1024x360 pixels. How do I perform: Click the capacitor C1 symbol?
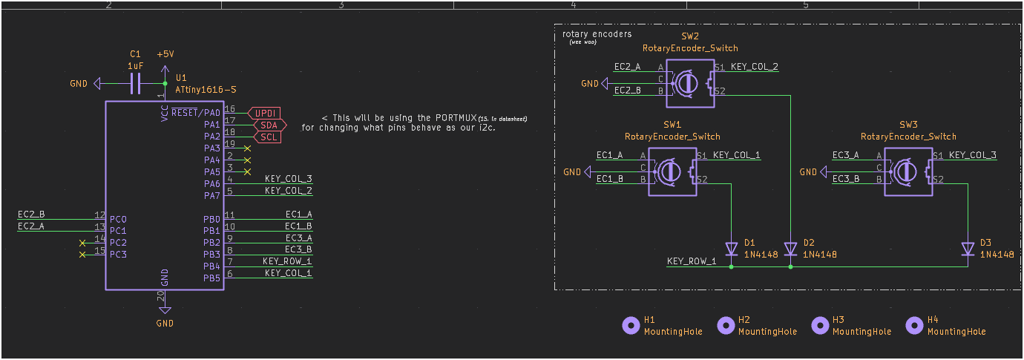click(135, 84)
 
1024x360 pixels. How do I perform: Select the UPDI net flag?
click(264, 113)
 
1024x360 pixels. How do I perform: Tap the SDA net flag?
click(266, 125)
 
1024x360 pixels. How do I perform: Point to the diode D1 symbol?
click(731, 249)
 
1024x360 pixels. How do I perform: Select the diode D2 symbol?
click(790, 249)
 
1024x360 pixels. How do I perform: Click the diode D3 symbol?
click(968, 249)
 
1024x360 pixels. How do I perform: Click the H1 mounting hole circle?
click(630, 325)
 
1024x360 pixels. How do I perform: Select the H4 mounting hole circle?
click(914, 325)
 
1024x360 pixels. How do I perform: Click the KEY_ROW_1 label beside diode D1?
click(692, 261)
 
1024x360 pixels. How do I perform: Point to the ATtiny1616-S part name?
click(206, 89)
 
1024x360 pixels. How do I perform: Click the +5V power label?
click(165, 55)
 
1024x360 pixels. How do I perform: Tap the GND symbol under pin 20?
click(165, 311)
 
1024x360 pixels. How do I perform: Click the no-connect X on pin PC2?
click(82, 243)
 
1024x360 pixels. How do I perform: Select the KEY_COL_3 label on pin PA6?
click(288, 179)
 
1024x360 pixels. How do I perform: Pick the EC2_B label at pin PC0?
click(31, 215)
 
